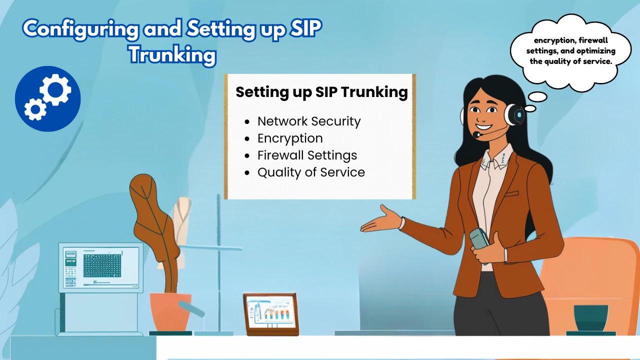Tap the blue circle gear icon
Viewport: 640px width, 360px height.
48,98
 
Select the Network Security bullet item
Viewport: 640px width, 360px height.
308,121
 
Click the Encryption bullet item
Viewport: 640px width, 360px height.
290,138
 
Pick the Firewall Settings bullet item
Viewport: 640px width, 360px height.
307,155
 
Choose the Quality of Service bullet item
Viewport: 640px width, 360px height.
311,172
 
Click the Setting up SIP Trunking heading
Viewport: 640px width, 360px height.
321,92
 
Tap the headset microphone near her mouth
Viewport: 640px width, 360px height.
477,134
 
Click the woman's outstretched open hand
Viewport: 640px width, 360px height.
382,221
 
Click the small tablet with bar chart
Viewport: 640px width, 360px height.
270,313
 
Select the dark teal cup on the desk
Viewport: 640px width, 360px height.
590,318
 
